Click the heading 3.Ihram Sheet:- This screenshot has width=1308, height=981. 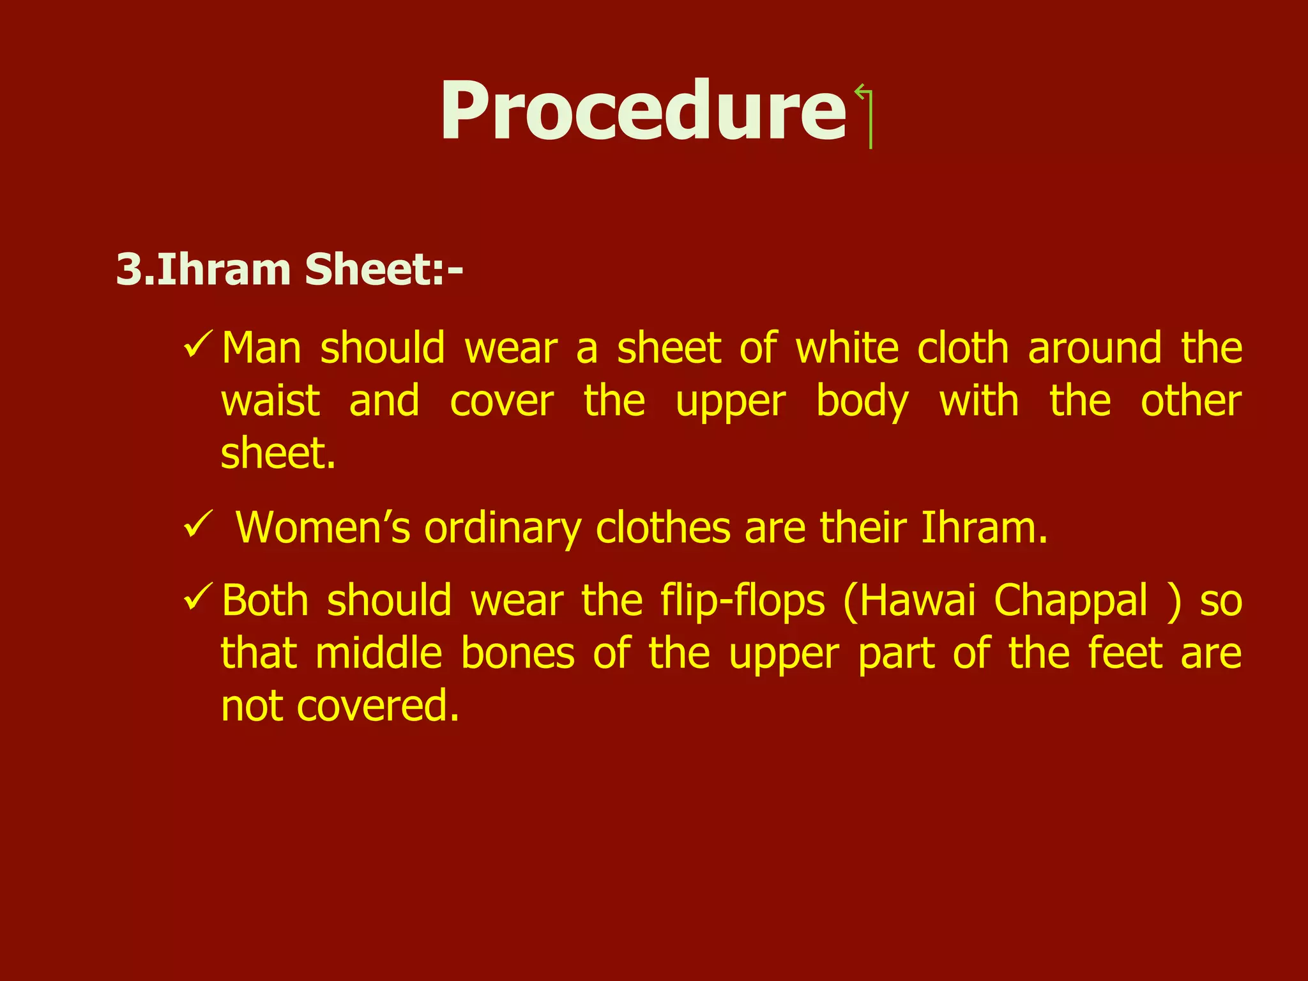(x=289, y=270)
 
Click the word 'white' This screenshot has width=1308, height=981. (x=847, y=349)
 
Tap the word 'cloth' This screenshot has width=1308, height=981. (x=962, y=349)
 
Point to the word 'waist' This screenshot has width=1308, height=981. (x=270, y=402)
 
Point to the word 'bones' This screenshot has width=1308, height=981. (x=518, y=654)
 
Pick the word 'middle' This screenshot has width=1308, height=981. (x=379, y=654)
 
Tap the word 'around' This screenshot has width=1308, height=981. (x=1095, y=349)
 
